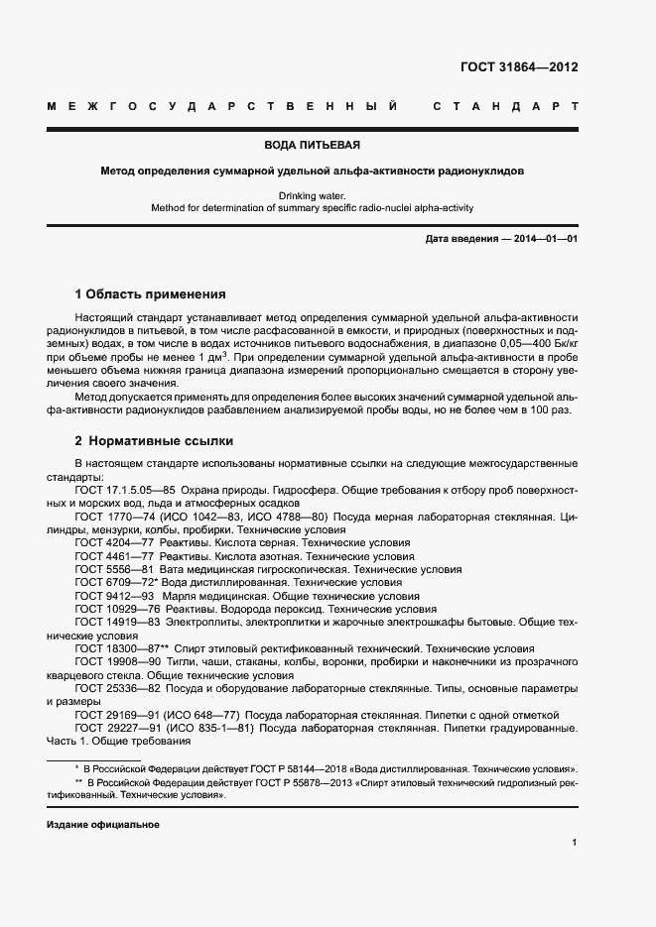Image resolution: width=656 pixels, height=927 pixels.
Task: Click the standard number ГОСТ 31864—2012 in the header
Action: tap(519, 67)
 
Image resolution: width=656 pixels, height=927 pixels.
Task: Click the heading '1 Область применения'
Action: tap(150, 294)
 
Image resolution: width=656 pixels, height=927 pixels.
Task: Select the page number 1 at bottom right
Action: tap(575, 843)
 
